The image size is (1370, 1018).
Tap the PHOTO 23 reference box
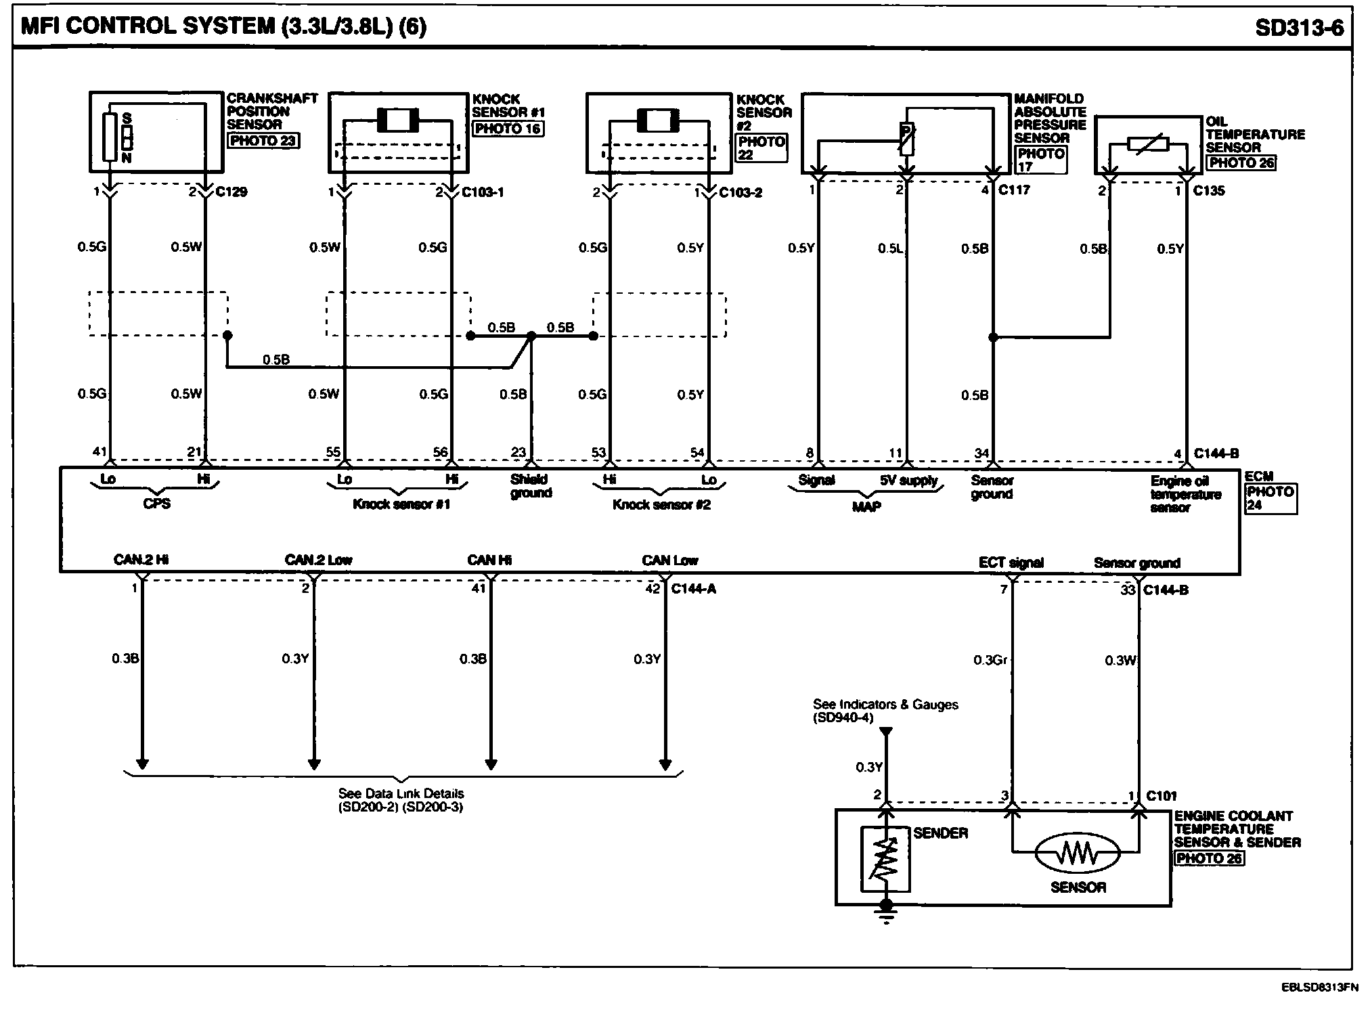click(x=263, y=141)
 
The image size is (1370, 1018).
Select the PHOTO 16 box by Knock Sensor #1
click(x=508, y=129)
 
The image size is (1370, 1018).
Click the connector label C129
click(x=231, y=192)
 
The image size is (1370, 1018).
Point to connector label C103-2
click(x=741, y=193)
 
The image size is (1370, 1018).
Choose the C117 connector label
click(x=1014, y=190)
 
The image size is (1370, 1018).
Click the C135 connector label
click(x=1208, y=191)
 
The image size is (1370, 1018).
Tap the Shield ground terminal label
click(x=531, y=486)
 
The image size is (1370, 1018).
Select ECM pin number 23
click(x=518, y=453)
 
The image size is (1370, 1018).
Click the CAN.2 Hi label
click(x=141, y=560)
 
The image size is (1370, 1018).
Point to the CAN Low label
click(x=669, y=560)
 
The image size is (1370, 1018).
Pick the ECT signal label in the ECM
click(x=1011, y=562)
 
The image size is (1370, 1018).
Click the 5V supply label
click(x=908, y=481)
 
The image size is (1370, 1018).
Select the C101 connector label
click(x=1162, y=796)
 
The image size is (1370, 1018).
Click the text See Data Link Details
click(x=401, y=793)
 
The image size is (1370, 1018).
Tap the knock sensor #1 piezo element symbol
click(x=398, y=121)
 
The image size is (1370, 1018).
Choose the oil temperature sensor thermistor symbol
click(x=1148, y=144)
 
